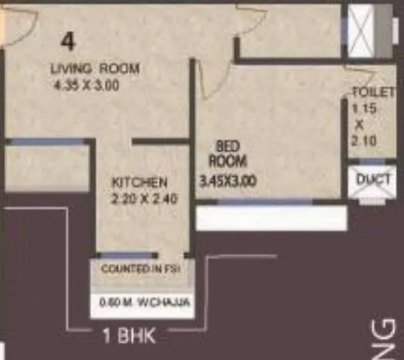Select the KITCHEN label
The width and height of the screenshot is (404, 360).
(140, 182)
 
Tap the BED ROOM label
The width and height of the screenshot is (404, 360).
(222, 155)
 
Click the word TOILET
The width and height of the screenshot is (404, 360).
(366, 91)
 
